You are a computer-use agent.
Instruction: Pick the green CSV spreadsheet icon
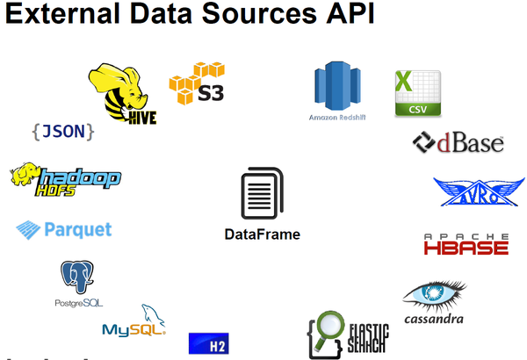pos(417,93)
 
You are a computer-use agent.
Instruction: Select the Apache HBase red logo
pos(466,244)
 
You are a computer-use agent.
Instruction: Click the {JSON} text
pos(62,132)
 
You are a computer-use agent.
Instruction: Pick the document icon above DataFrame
pos(262,194)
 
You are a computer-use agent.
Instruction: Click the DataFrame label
pos(262,234)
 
